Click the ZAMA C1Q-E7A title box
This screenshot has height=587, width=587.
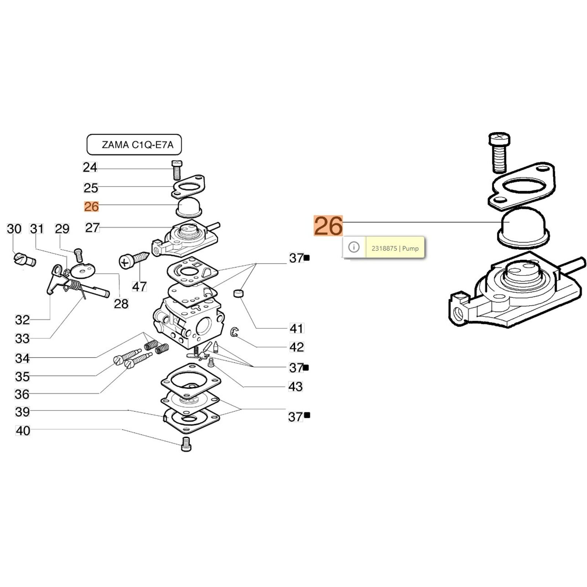(134, 145)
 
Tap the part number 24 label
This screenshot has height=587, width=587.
(90, 167)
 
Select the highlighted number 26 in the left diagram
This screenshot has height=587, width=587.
(91, 207)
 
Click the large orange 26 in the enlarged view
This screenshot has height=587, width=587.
(328, 226)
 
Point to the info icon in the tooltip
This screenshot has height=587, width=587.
(354, 247)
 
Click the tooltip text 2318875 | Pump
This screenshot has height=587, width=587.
(395, 248)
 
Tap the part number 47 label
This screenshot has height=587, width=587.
(139, 286)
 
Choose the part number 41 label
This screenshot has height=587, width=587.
(296, 328)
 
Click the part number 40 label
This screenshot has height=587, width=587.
(23, 430)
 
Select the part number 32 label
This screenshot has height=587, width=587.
(22, 320)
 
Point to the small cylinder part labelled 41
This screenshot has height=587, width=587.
(239, 293)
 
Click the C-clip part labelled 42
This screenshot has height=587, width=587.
(234, 332)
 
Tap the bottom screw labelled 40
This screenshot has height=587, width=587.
(186, 444)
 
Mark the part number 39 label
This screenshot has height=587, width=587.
(22, 412)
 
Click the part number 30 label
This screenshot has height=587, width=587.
(14, 229)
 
